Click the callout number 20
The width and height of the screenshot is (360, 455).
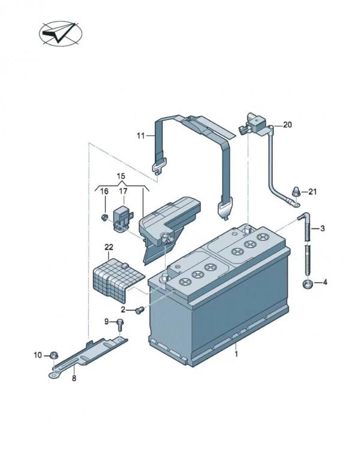[287, 125]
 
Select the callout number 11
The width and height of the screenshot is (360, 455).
[140, 135]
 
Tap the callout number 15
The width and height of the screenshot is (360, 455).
[121, 176]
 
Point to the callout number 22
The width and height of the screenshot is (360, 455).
[109, 247]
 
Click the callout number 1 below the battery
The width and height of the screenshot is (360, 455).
[236, 354]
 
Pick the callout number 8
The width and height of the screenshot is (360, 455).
[74, 378]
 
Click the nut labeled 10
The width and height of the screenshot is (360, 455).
[53, 355]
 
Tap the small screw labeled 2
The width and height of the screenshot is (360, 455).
[140, 310]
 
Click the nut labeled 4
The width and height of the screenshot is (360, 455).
[307, 284]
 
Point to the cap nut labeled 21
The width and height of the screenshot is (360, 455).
[296, 191]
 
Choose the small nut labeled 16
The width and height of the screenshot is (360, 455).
[104, 216]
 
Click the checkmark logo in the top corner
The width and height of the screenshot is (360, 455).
[61, 34]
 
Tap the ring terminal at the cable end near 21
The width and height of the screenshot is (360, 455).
[295, 205]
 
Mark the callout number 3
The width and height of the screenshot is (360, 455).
[323, 228]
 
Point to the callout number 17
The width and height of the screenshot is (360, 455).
[123, 191]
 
